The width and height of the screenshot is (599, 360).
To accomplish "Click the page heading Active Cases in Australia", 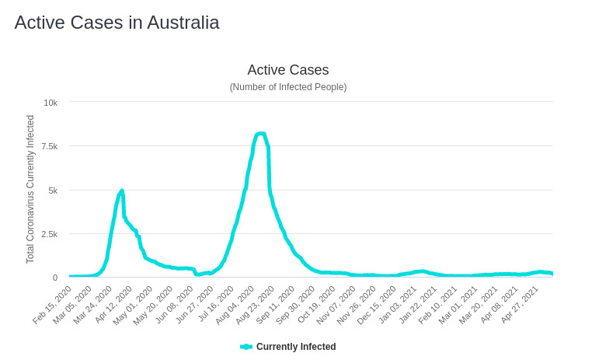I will pos(117,23).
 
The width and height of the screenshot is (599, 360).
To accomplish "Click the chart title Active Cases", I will pos(287,70).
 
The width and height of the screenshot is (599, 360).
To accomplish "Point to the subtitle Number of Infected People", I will pos(287,87).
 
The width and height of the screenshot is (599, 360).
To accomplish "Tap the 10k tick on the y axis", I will pos(50,103).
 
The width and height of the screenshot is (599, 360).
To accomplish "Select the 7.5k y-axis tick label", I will pos(49,146).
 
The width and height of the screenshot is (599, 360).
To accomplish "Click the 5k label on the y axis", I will pos(52,190).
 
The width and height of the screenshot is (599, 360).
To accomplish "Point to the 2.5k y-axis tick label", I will pos(49,234).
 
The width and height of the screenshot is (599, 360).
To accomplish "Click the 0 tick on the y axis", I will pos(54,278).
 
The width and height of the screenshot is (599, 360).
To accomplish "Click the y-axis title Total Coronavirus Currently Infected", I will pos(30,189).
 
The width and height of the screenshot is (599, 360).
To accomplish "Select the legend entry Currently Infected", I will pos(296,347).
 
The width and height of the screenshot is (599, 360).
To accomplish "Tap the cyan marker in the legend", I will pos(246,347).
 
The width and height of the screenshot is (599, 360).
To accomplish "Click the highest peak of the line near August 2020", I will pos(260,134).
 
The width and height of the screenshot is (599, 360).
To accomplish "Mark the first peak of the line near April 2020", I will pos(122,190).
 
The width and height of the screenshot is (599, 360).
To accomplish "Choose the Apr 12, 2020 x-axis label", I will pos(114,304).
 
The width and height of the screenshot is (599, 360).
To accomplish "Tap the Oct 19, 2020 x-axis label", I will pos(317,304).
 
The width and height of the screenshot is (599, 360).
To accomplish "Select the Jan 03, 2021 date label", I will pos(398,304).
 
